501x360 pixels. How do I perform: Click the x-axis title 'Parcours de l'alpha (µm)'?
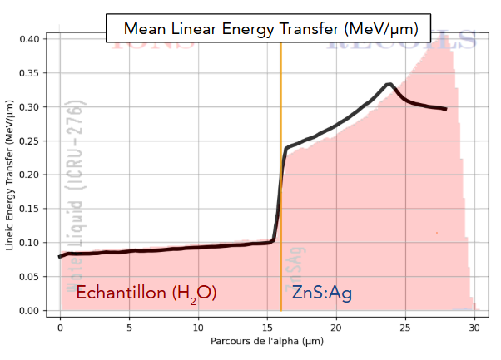[267, 343]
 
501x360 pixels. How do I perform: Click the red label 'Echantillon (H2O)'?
[146, 293]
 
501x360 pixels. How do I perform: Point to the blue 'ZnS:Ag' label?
[321, 293]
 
